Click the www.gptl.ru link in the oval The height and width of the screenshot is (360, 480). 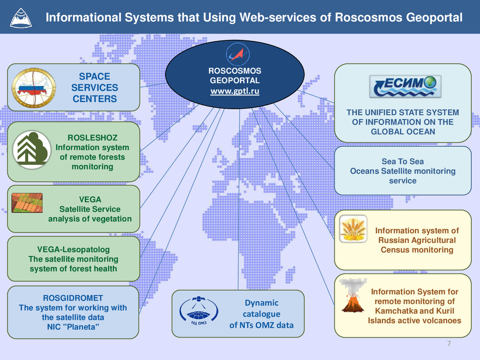tap(234, 91)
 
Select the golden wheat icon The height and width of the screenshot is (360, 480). tap(353, 229)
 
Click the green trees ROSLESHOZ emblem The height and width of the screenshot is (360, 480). tap(31, 150)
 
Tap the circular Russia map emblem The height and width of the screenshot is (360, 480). tap(33, 88)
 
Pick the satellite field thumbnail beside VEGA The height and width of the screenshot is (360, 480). tap(27, 203)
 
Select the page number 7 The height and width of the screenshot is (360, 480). tap(449, 345)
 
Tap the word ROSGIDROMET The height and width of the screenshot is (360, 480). tap(73, 298)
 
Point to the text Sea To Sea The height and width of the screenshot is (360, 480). tap(402, 161)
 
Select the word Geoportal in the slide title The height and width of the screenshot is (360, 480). tap(435, 18)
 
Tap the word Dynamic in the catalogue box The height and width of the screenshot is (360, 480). tap(261, 303)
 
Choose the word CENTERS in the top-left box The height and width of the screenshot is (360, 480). tap(94, 99)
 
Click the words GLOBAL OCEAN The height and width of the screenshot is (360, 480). tap(403, 132)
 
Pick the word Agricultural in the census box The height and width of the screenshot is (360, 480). tap(417, 240)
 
